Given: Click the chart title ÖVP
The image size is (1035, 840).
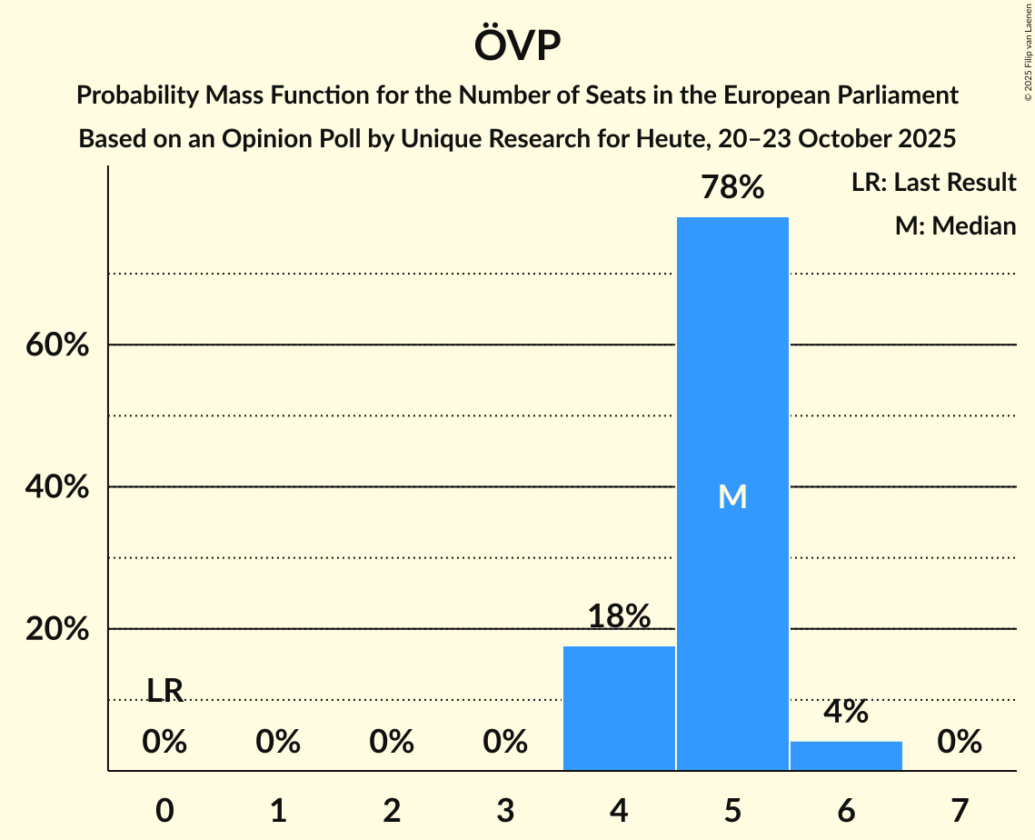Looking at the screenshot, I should [x=517, y=45].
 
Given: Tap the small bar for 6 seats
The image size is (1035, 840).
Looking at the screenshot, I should [x=846, y=755].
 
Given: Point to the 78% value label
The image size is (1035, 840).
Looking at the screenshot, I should [x=732, y=187].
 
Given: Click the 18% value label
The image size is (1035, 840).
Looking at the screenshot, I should [x=619, y=616].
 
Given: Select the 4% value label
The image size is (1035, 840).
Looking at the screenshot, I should [x=846, y=712].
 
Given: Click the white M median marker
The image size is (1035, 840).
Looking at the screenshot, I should [x=732, y=496].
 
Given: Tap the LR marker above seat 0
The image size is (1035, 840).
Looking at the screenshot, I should [x=164, y=691].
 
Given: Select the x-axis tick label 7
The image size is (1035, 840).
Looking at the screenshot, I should [x=960, y=810].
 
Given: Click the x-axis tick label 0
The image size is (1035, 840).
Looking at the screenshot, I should [x=164, y=810].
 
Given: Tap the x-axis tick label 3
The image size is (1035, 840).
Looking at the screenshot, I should [x=505, y=810].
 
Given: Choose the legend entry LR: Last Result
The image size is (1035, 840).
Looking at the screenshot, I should [x=933, y=183].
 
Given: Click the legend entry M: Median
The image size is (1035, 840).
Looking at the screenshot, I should [x=955, y=225].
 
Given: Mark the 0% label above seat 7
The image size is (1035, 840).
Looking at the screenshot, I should [x=960, y=743].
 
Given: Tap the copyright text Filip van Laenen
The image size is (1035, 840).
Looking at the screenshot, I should [x=1028, y=36].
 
